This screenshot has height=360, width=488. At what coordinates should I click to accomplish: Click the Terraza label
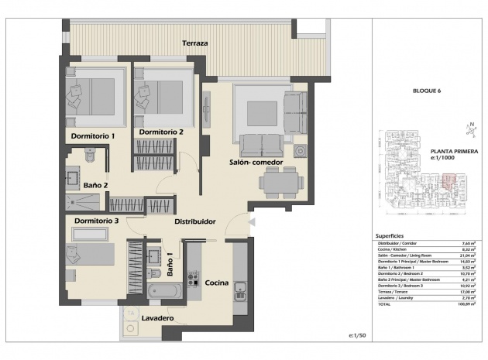pos(194,43)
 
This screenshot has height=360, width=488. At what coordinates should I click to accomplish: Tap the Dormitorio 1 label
pos(93,136)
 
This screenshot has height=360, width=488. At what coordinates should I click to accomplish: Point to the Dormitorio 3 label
pos(96,221)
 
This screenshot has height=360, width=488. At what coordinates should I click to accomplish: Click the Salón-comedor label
pos(255,163)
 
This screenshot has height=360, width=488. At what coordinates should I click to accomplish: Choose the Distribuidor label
pos(194,221)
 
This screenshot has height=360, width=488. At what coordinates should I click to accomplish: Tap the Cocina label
pos(216,283)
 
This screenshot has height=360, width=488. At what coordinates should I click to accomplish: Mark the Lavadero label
pos(157,318)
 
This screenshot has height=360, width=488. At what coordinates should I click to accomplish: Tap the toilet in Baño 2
pos(89,157)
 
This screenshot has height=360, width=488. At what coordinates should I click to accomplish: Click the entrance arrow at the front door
pos(249,222)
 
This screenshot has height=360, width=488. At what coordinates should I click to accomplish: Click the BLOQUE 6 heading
pos(426,91)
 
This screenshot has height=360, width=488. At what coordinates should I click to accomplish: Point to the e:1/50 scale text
pos(357,334)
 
